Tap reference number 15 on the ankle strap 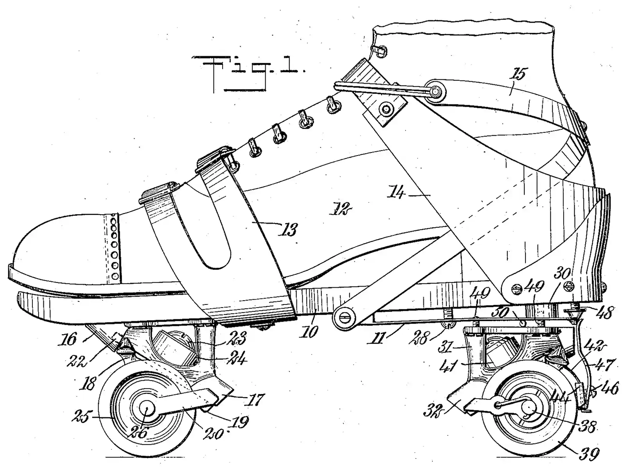[x=520, y=74]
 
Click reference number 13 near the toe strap [x=289, y=229]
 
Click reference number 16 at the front [x=69, y=338]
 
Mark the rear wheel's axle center [x=528, y=408]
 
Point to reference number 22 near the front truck [x=78, y=362]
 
